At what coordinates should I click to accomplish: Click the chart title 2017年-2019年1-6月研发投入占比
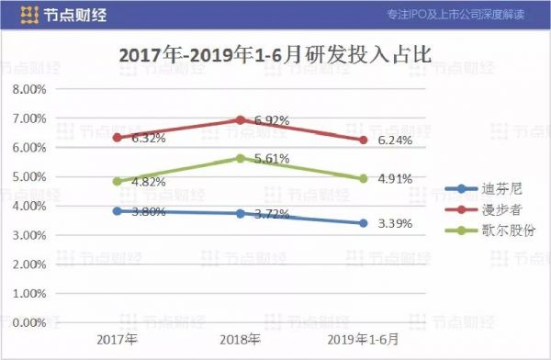tap(275, 57)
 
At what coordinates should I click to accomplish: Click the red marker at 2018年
tap(241, 119)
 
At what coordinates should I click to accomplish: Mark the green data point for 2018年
tap(241, 158)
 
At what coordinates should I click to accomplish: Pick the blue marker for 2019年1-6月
tap(364, 223)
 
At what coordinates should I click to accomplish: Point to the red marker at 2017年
tap(117, 137)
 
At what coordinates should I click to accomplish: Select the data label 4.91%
tap(397, 180)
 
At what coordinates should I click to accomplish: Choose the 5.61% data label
tap(273, 158)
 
